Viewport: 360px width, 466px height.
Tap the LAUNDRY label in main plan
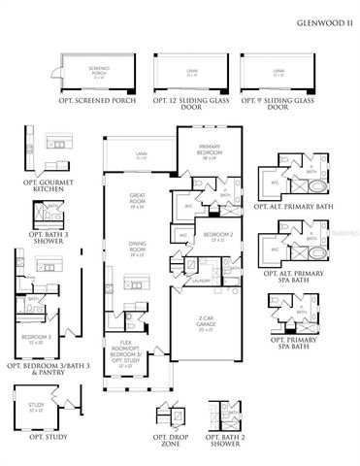(x=201, y=281)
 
